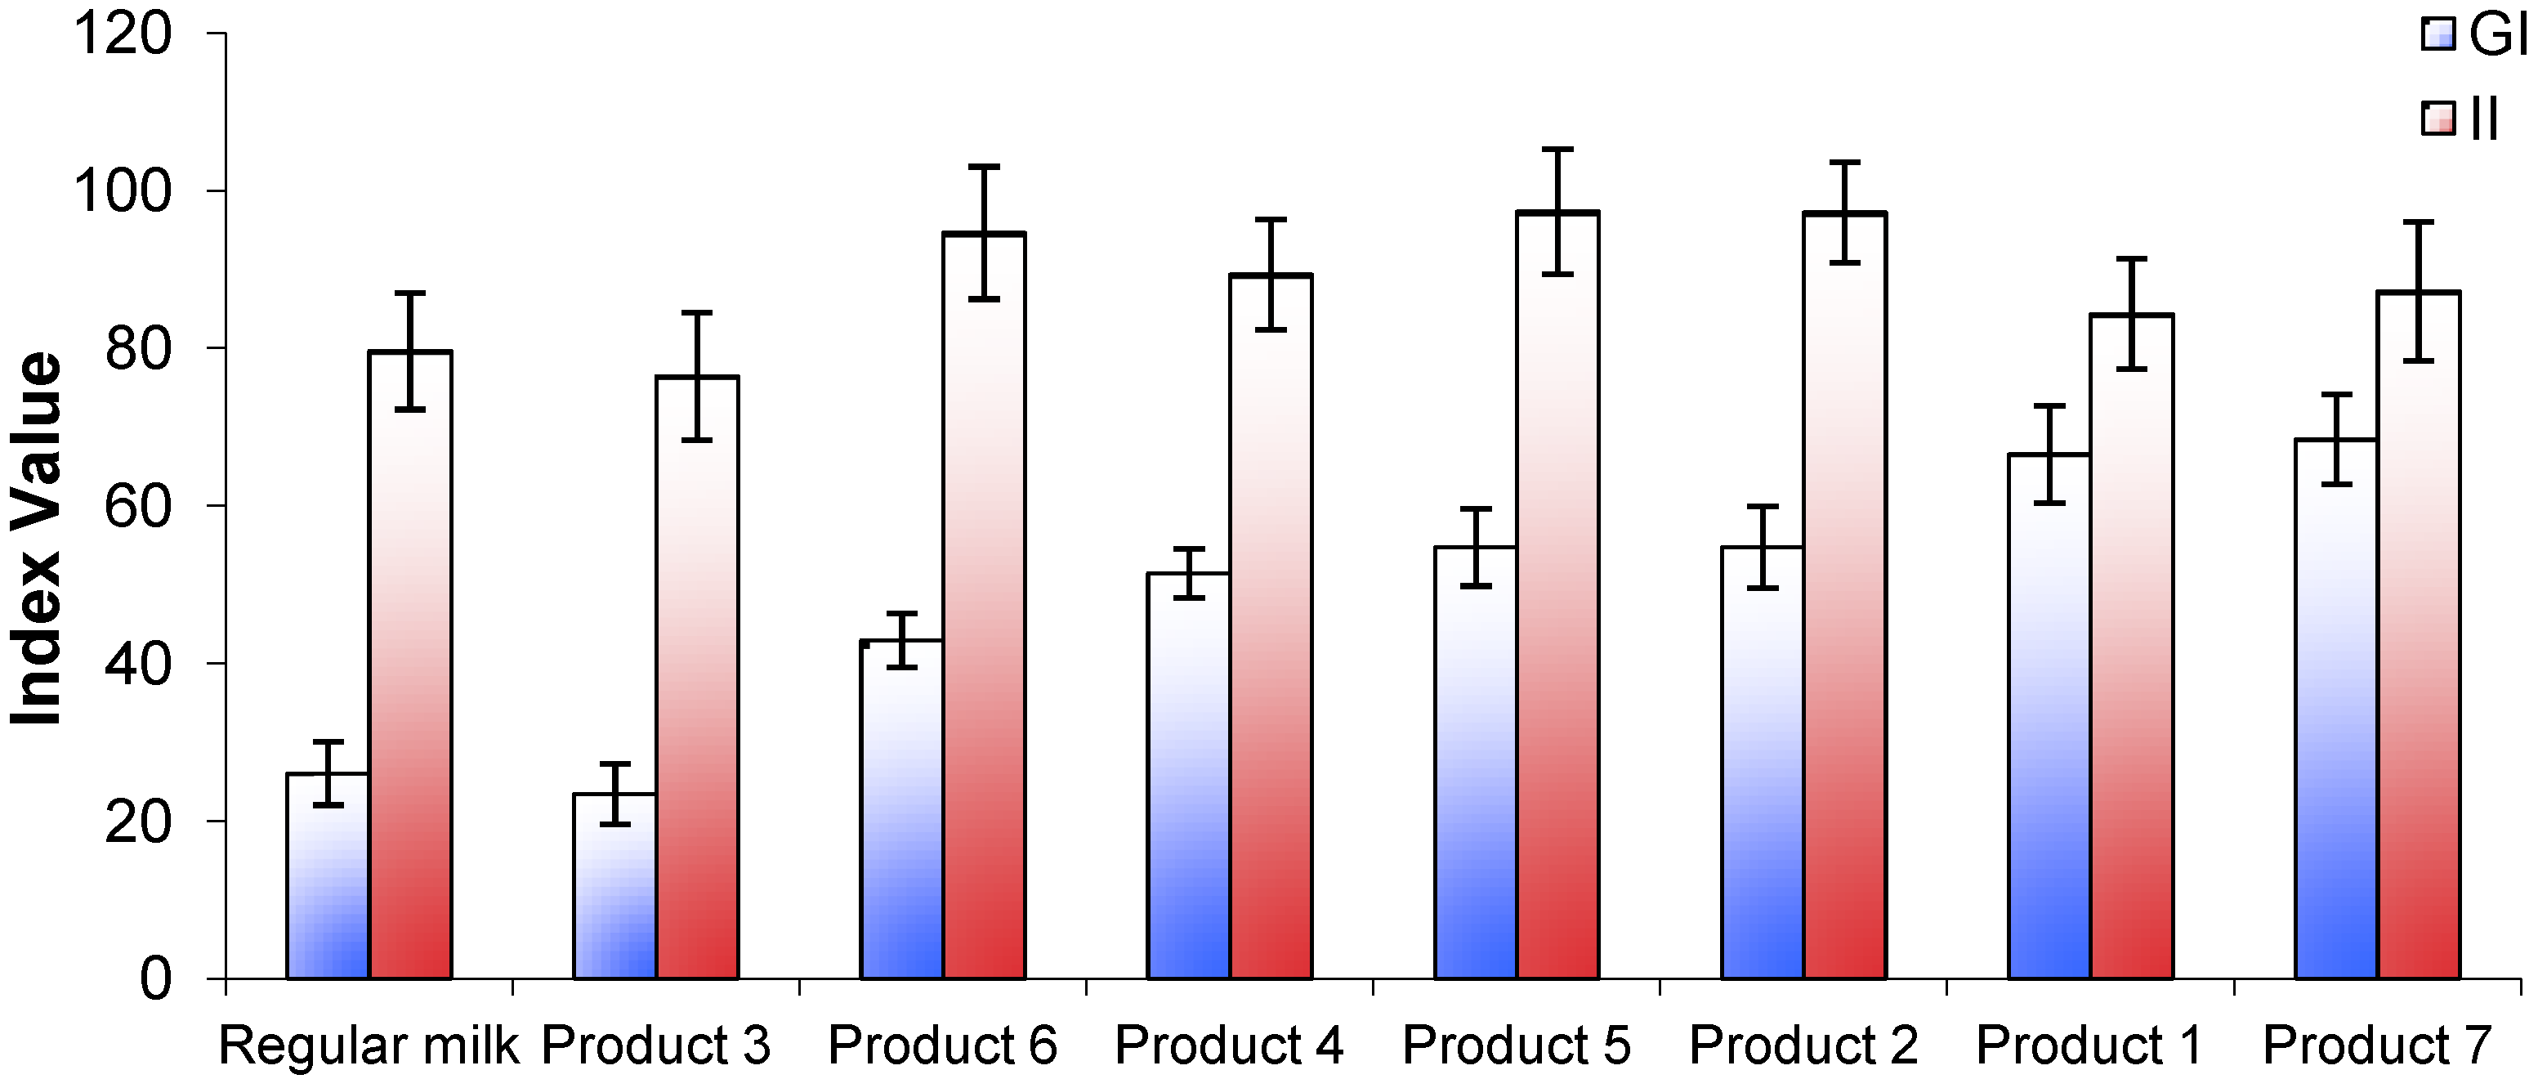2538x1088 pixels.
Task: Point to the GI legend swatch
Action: (2438, 34)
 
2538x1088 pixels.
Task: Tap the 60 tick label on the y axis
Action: (138, 507)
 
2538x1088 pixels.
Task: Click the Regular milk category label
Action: (368, 1045)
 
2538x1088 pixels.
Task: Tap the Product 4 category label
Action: (1229, 1045)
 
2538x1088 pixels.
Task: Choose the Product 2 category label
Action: (1803, 1045)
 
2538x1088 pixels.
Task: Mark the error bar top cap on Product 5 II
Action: (1557, 150)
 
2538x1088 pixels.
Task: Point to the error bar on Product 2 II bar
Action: (1844, 212)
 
